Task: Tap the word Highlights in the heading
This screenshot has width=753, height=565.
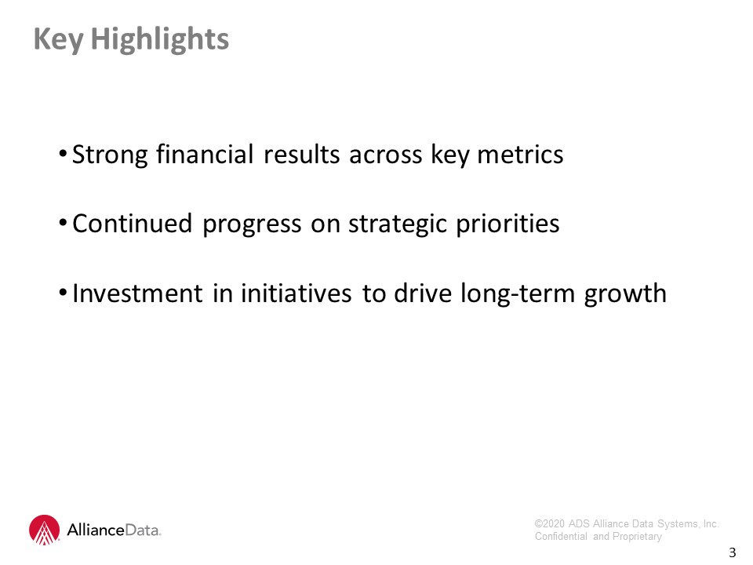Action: pos(160,39)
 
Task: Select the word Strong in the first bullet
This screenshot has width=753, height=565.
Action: pos(110,155)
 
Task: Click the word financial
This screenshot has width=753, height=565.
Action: pos(205,155)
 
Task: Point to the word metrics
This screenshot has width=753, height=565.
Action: pos(520,155)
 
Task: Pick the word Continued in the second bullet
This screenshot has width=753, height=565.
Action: pos(132,224)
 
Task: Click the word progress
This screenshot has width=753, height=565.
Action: pos(252,225)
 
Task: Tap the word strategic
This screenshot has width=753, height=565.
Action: pos(398,225)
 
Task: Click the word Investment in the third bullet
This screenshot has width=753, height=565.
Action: pos(137,293)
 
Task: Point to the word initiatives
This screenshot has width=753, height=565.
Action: pos(296,293)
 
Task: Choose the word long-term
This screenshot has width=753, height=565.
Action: pos(518,293)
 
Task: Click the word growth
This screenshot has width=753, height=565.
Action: pos(625,294)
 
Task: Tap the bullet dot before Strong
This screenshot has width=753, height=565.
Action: pos(63,155)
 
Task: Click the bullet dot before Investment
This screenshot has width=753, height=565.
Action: pos(63,293)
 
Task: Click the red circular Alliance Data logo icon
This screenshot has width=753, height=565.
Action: pos(44,530)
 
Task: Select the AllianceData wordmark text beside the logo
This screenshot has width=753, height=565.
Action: pos(114,530)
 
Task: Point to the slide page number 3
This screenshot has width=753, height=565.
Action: pos(732,552)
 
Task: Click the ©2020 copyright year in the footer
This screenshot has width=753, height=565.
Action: pos(549,523)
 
